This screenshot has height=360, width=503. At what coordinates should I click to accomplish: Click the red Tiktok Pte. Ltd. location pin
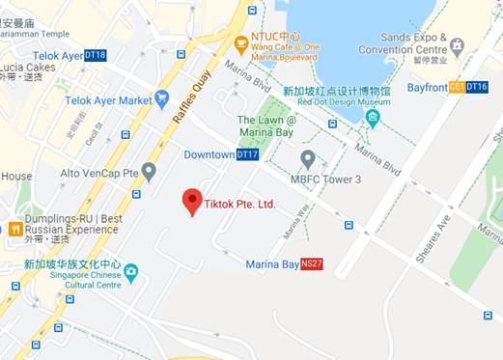(x=191, y=201)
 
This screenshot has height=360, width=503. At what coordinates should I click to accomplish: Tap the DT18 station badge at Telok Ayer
(x=95, y=55)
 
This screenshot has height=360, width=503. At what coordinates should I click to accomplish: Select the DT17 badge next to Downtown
(x=248, y=154)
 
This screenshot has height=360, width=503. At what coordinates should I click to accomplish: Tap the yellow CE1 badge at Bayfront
(x=457, y=87)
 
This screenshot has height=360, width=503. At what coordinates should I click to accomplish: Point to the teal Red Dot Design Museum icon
(x=373, y=119)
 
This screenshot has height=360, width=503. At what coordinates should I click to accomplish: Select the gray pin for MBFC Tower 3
(x=307, y=158)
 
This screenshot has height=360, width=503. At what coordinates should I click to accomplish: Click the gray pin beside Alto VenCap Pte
(x=149, y=171)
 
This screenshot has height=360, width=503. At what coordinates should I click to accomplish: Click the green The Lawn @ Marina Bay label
(x=265, y=125)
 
